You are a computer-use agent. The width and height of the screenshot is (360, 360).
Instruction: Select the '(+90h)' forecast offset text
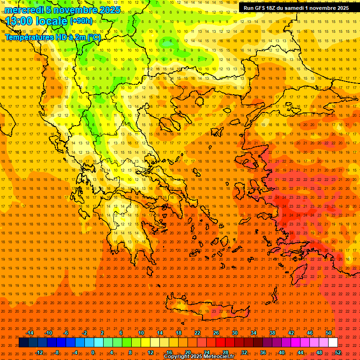click(81, 21)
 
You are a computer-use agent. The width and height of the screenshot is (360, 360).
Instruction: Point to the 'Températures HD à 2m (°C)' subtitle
click(52, 37)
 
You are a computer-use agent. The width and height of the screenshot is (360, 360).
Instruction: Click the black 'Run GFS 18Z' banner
click(296, 8)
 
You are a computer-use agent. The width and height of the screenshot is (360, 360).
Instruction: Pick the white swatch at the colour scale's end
click(333, 343)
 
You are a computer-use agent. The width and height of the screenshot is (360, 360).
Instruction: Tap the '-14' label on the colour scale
click(30, 333)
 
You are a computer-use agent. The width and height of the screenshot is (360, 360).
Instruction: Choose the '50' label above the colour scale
click(328, 333)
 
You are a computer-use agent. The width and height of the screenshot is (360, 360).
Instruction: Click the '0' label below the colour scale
click(93, 352)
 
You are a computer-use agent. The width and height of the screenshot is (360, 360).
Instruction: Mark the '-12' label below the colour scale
click(39, 352)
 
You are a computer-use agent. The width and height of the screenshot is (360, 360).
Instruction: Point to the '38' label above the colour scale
click(272, 333)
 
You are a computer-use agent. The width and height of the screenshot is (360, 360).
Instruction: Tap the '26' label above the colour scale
click(216, 333)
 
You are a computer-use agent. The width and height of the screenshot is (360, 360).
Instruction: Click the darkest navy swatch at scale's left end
click(23, 343)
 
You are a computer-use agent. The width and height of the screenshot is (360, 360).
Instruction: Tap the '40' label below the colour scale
click(282, 352)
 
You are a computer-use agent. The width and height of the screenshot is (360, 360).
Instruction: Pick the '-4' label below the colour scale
click(75, 352)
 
